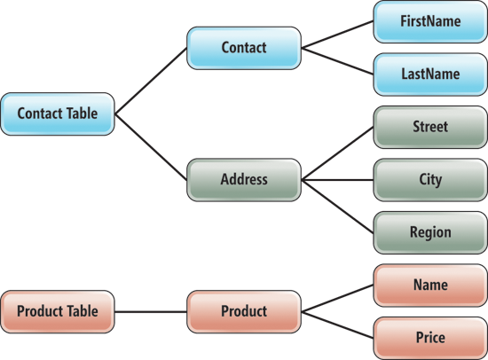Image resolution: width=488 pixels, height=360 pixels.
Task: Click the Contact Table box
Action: click(58, 113)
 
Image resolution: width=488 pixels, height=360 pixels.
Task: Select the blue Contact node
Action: click(244, 48)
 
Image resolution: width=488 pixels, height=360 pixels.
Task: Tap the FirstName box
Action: click(430, 22)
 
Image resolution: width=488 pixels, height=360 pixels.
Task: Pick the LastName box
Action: click(430, 74)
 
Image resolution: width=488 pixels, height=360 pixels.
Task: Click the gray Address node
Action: click(244, 180)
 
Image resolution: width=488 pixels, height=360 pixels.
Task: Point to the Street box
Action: click(430, 127)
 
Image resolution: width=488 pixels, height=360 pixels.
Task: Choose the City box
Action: click(430, 180)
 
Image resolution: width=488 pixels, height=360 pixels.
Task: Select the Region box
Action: click(430, 232)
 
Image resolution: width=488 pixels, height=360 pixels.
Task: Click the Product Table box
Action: click(58, 312)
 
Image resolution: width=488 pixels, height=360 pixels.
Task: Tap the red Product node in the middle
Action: click(244, 312)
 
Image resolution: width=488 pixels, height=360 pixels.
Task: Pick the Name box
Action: click(430, 286)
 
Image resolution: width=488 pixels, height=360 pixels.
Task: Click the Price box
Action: click(430, 338)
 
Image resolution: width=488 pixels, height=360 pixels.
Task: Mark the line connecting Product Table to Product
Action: click(151, 312)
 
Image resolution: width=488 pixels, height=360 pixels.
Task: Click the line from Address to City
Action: click(337, 180)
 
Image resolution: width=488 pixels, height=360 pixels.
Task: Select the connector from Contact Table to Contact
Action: click(151, 81)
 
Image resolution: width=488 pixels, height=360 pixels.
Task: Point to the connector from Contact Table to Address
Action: click(151, 147)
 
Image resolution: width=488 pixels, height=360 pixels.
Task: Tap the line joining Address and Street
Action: click(337, 153)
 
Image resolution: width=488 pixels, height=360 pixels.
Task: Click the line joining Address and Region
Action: click(337, 207)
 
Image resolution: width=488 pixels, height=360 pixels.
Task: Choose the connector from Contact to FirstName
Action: click(337, 35)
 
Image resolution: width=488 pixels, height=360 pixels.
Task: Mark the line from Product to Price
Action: click(337, 325)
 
